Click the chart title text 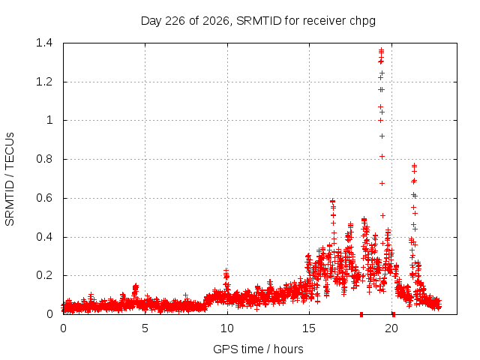258,21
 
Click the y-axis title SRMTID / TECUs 10,179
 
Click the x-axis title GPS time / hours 258,349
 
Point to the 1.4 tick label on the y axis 44,43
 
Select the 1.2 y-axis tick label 44,82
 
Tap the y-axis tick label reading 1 49,120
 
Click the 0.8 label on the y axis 44,159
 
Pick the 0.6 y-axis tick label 44,198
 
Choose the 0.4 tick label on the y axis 44,237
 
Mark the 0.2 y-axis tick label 44,275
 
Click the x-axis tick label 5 145,328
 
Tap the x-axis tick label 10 227,328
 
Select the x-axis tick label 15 309,328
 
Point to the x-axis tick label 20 391,328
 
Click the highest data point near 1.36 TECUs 382,49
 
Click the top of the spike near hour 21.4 414,165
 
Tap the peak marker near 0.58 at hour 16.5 333,201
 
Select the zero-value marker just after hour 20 394,314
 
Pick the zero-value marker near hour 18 361,314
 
